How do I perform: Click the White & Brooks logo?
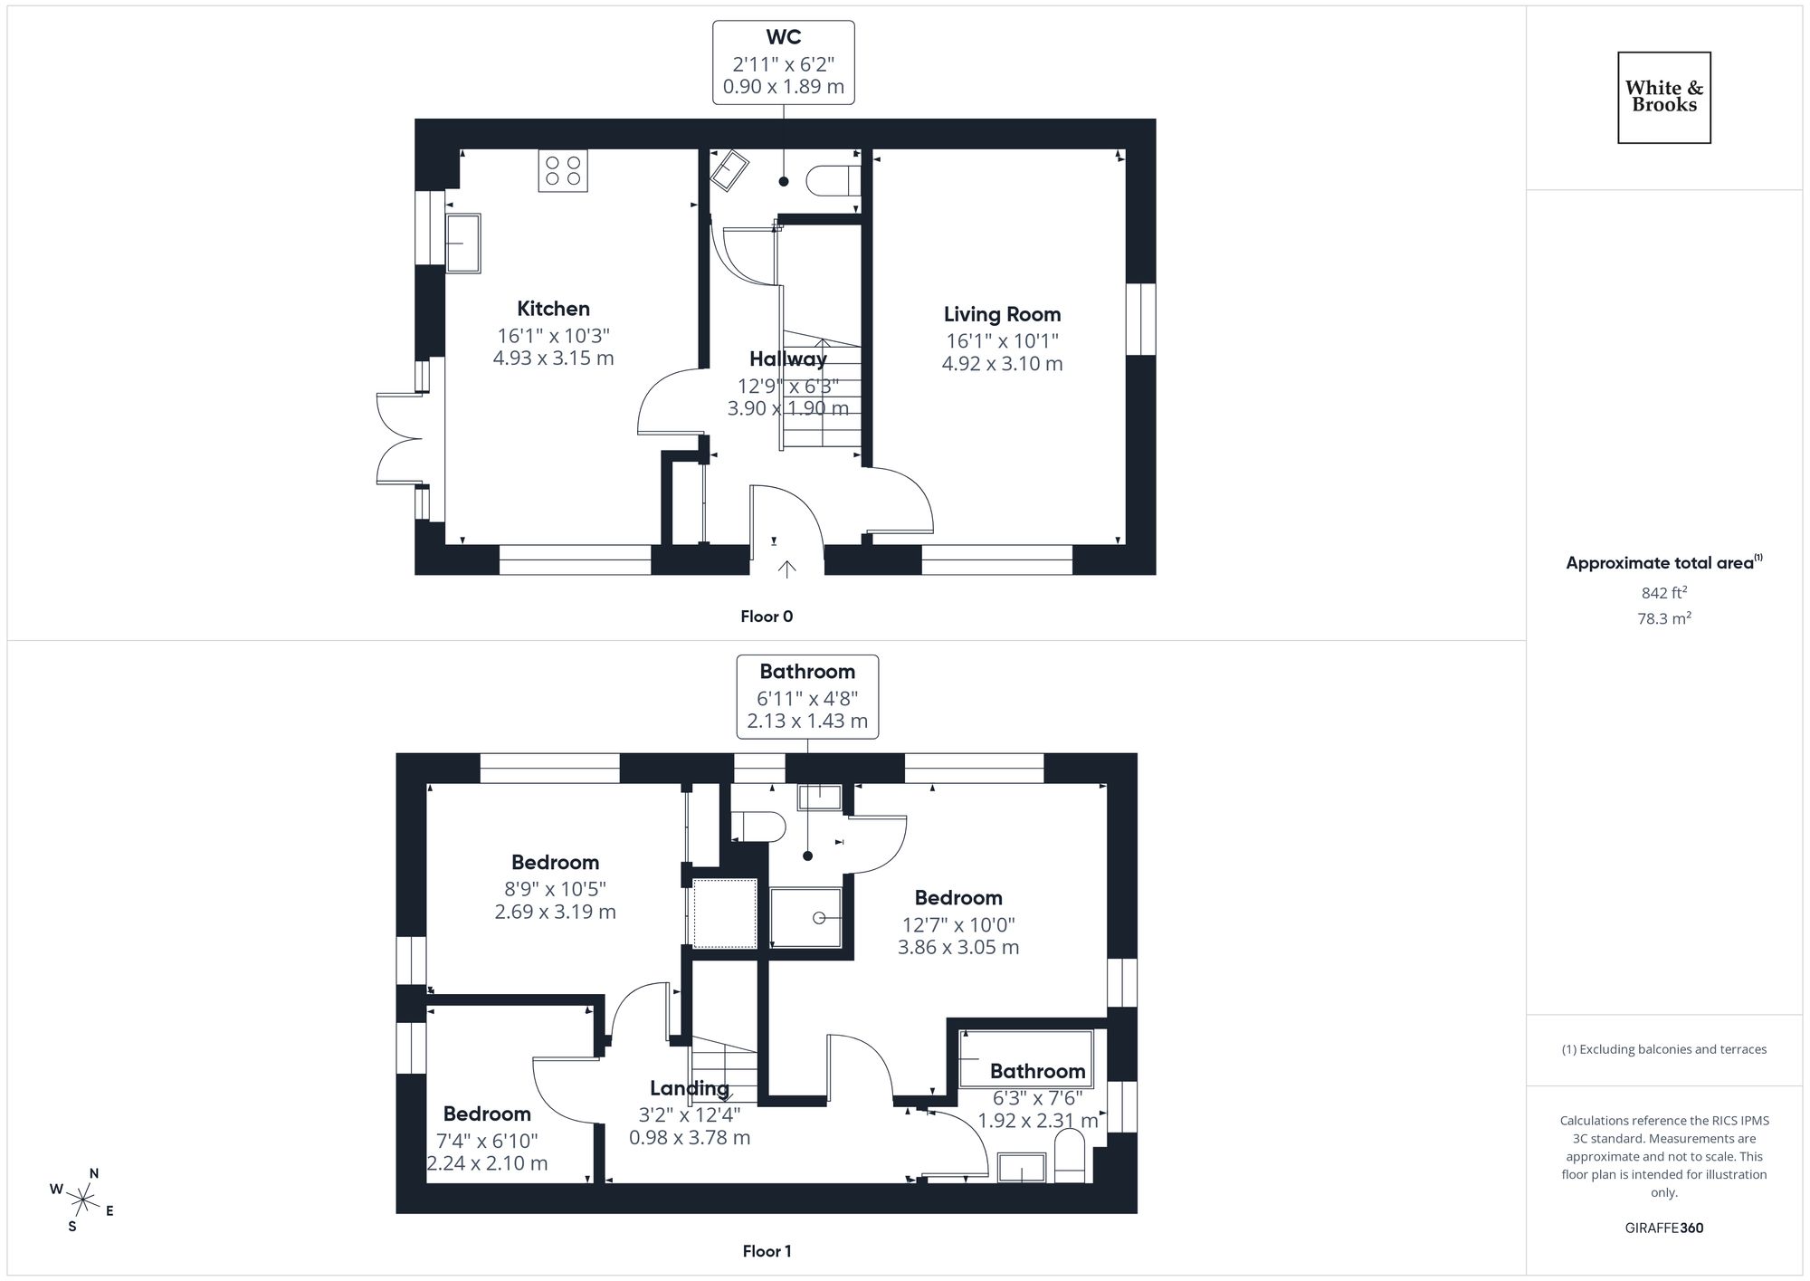click(x=1663, y=97)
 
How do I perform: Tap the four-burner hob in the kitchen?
click(x=563, y=171)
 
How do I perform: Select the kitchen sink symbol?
click(x=463, y=243)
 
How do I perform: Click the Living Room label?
click(x=1002, y=314)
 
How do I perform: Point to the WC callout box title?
click(x=783, y=37)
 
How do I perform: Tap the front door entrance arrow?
click(x=787, y=569)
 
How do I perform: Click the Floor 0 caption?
click(x=767, y=617)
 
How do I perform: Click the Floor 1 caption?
click(x=767, y=1251)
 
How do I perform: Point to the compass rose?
click(x=83, y=1200)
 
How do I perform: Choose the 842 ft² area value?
click(x=1663, y=593)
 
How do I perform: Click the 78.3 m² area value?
click(x=1663, y=618)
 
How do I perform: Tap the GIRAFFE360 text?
click(x=1663, y=1228)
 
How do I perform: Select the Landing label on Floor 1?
click(x=689, y=1088)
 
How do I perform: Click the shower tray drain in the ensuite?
click(x=819, y=918)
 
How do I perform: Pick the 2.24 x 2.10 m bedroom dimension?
click(x=487, y=1163)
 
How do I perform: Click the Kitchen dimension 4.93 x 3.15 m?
click(x=553, y=358)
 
